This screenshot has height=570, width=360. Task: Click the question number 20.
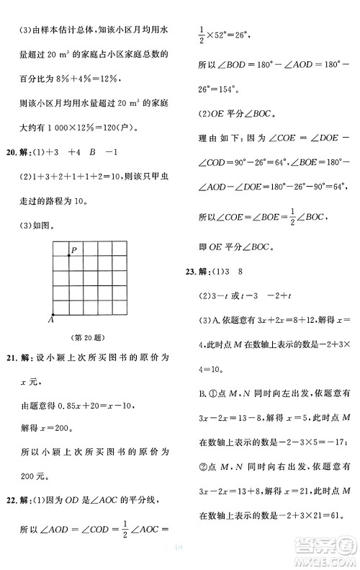pyautogui.click(x=12, y=152)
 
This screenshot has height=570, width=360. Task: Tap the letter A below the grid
pyautogui.click(x=52, y=318)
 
